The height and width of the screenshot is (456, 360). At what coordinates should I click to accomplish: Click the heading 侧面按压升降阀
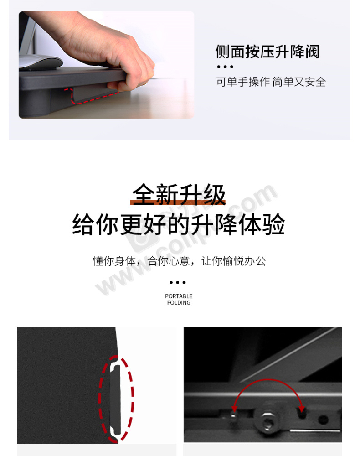coord(267,52)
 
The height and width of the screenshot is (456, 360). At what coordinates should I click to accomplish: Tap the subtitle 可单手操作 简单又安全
coord(271,82)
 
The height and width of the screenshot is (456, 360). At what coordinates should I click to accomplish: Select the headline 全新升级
coord(179,194)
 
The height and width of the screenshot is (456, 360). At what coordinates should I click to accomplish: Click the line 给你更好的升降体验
coord(178,224)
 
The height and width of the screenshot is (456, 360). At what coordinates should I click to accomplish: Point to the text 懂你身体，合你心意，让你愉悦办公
coord(179,261)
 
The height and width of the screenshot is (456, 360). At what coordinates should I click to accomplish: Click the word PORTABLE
coord(179,296)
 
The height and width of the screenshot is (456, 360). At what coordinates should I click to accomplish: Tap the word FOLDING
coord(179,303)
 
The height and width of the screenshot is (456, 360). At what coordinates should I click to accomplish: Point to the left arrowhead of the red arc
coord(234,408)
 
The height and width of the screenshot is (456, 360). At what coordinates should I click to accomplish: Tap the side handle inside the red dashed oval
coord(115,399)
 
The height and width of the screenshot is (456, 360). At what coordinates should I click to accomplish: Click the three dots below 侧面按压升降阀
coord(225,67)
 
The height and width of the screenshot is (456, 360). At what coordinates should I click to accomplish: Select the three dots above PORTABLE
coord(178,282)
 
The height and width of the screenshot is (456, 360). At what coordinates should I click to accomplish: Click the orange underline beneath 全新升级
coord(178,202)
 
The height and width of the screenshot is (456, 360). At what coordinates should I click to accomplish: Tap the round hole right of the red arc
coord(323,420)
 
